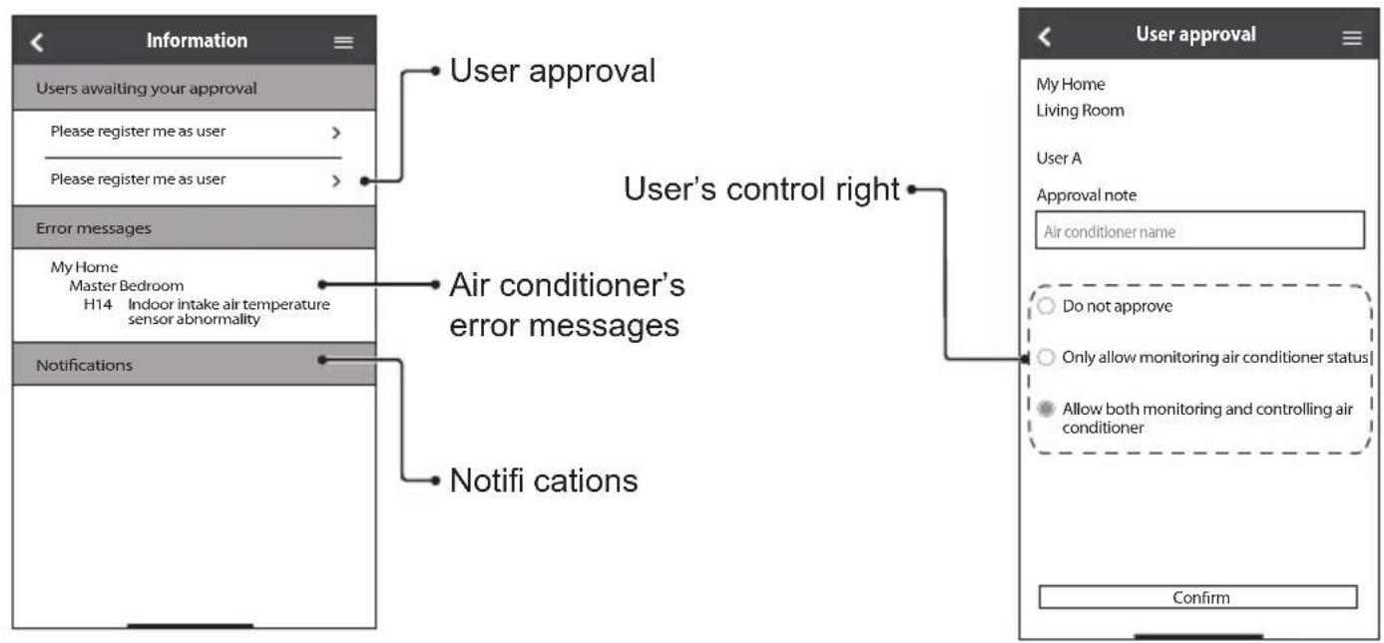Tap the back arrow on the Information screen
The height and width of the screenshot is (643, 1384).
37,42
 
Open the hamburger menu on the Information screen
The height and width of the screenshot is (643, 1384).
343,42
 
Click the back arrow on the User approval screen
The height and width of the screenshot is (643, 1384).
1044,37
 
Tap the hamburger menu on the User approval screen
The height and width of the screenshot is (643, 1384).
1352,38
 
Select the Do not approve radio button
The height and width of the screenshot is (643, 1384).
1046,305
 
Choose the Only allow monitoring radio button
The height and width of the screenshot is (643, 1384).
1046,357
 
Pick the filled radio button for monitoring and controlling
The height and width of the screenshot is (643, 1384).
1046,408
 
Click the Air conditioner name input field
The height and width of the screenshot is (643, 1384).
1199,231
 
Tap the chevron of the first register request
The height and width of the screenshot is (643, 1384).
336,132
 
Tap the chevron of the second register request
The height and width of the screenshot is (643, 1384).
336,180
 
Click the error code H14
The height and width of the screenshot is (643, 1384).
98,304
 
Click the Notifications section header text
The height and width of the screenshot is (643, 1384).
84,365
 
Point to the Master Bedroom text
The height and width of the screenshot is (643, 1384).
126,286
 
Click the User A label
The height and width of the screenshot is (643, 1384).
1059,158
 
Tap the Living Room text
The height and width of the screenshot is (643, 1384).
1080,111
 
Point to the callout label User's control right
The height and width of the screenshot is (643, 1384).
761,188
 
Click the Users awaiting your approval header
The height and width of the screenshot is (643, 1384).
146,89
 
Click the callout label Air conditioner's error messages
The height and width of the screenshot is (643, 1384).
567,305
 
